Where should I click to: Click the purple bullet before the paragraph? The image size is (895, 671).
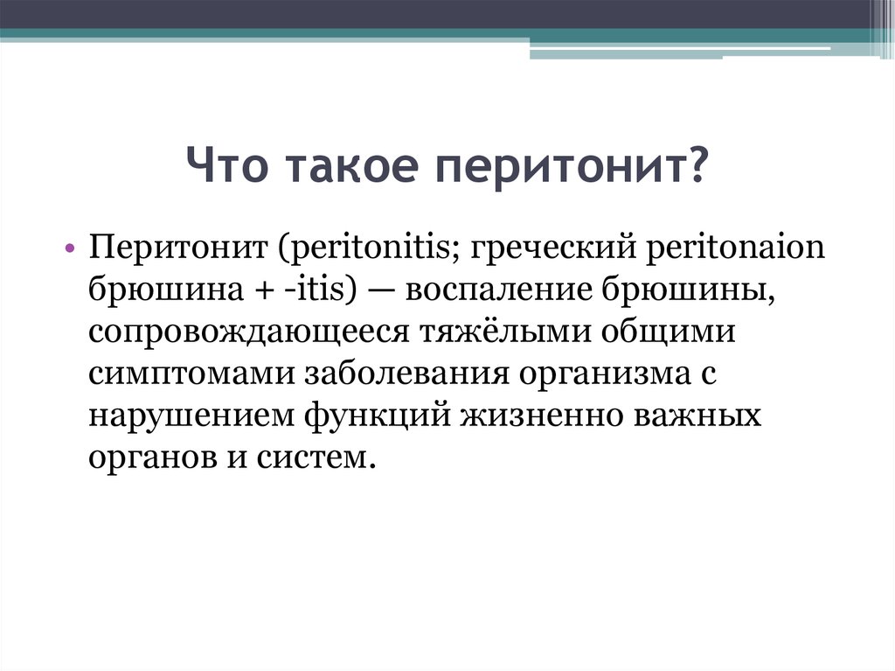70,248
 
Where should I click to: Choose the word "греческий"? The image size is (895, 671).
553,248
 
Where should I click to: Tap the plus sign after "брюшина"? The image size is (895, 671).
260,290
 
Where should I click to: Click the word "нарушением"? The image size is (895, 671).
191,416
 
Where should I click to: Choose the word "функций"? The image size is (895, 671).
378,416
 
